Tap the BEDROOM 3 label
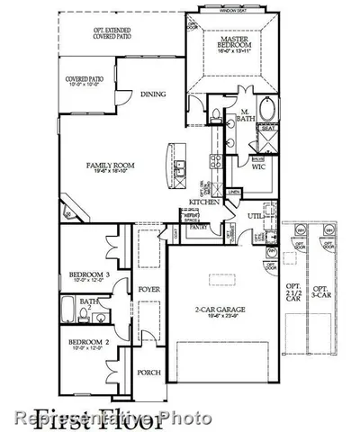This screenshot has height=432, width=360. point(89,275)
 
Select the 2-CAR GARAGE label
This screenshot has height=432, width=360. point(216,311)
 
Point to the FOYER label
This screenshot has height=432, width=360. point(148,289)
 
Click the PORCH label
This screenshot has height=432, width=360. point(148,372)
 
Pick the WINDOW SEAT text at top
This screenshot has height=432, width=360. point(231,11)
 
